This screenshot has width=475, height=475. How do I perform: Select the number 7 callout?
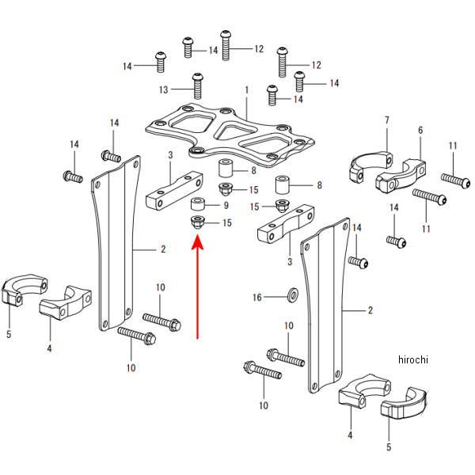coord(387,120)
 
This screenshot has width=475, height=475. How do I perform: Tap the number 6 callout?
coord(420,130)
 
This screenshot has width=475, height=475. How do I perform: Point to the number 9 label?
coord(226,206)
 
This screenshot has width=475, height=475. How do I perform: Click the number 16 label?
coord(256,298)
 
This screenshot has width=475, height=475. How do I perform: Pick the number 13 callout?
coord(164,89)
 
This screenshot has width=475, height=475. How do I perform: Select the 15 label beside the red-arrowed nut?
coord(227,223)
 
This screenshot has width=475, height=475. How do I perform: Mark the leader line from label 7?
coord(387,139)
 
